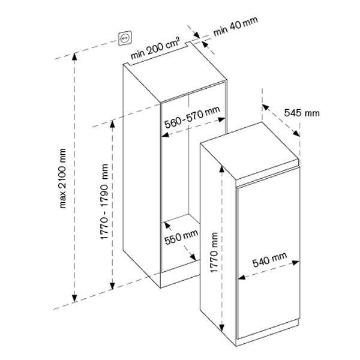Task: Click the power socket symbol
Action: click(x=125, y=38)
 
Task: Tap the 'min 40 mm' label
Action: click(x=236, y=26)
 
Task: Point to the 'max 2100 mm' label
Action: click(x=62, y=178)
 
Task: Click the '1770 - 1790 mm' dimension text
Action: click(x=104, y=202)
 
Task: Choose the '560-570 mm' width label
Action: click(x=192, y=117)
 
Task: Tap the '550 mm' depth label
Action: click(x=181, y=238)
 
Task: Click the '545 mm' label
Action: click(x=302, y=113)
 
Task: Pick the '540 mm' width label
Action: click(x=269, y=260)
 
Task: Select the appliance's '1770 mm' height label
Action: click(x=214, y=253)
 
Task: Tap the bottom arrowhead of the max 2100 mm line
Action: click(x=74, y=299)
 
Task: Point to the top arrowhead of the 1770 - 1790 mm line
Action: click(x=112, y=124)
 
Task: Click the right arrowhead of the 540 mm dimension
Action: click(x=296, y=263)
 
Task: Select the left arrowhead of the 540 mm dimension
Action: click(x=242, y=277)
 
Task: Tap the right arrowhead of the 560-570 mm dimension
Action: click(x=221, y=119)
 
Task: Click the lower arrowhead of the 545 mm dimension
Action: click(x=296, y=133)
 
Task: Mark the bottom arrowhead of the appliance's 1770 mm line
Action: click(x=221, y=328)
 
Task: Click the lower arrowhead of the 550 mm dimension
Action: click(x=193, y=257)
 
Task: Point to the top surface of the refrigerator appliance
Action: click(x=250, y=150)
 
